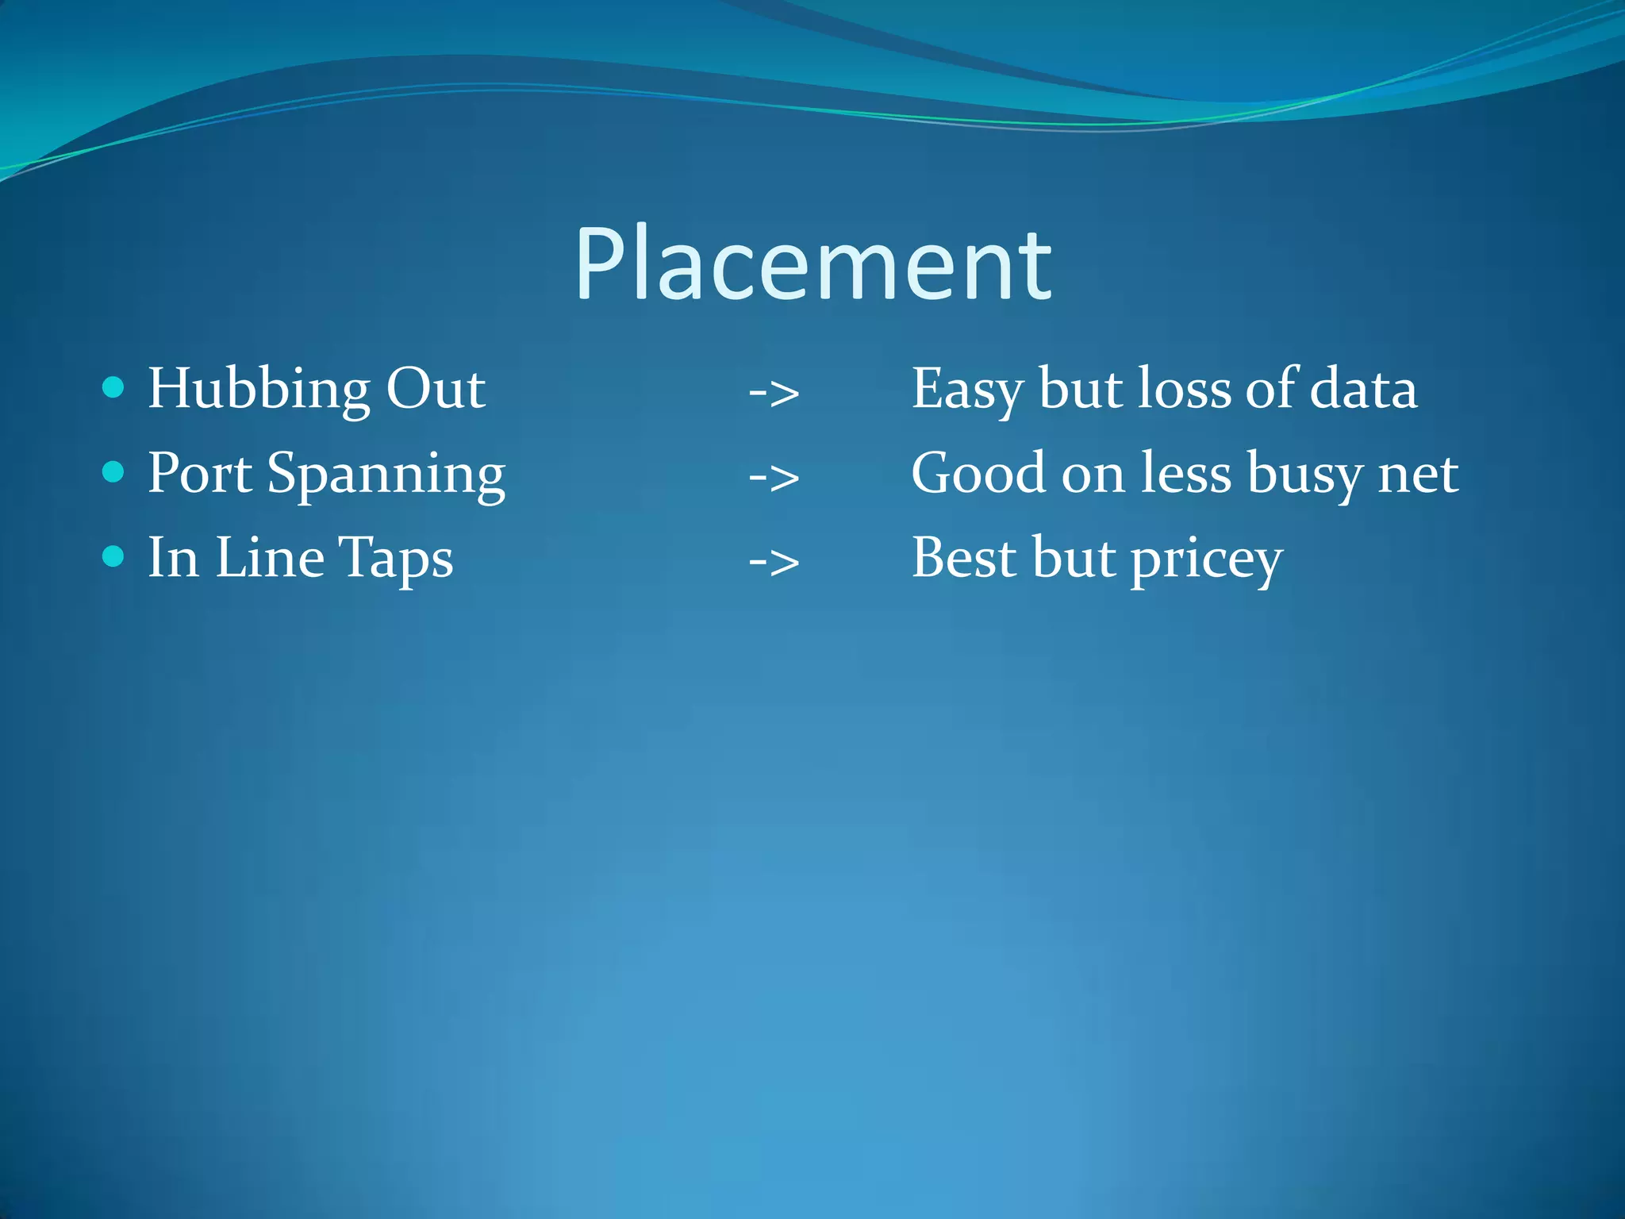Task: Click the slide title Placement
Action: tap(813, 265)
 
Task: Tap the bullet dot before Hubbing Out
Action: tap(114, 387)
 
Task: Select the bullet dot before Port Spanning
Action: tap(114, 472)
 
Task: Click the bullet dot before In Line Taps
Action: tap(114, 556)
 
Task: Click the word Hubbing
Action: tap(259, 390)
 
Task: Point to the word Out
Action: tap(436, 389)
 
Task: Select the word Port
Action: tap(200, 473)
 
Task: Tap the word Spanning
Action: tap(386, 476)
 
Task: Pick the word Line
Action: tap(270, 557)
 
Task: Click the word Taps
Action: tap(396, 560)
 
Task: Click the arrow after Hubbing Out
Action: tap(774, 392)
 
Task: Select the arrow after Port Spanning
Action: tap(774, 477)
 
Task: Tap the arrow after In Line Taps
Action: tap(774, 562)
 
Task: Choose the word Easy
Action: tap(967, 390)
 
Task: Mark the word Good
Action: tap(978, 474)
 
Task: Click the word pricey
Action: tap(1207, 561)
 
